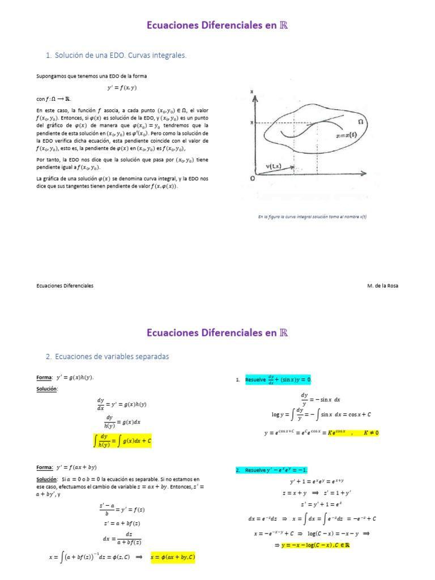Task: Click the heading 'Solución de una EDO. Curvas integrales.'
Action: click(x=116, y=55)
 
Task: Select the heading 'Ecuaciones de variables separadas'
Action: click(x=107, y=356)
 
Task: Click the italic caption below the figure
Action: click(x=312, y=216)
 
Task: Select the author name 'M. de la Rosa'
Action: click(x=382, y=286)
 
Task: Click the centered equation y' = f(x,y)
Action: click(x=122, y=88)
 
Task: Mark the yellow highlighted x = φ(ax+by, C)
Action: click(x=173, y=557)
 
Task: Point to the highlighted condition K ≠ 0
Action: click(x=371, y=433)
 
